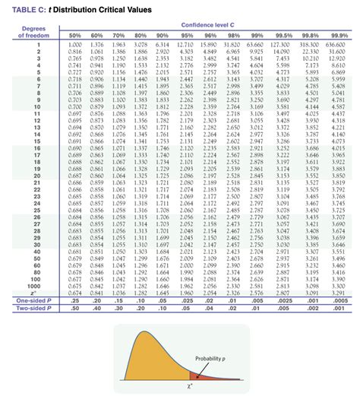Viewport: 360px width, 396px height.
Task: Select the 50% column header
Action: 75,35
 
